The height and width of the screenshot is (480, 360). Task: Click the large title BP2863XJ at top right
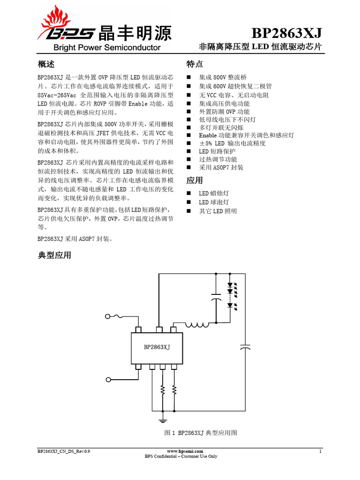pos(287,33)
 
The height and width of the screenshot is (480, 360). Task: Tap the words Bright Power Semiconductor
pos(107,47)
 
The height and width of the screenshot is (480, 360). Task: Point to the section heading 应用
pos(195,180)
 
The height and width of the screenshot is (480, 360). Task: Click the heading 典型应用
pos(54,255)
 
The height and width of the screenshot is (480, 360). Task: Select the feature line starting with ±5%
pos(232,143)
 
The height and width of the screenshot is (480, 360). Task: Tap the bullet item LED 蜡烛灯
pos(214,193)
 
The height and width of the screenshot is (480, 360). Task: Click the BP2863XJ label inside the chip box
pos(157,347)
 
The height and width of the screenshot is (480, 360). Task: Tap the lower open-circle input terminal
pos(109,379)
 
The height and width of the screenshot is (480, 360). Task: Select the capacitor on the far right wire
pos(245,347)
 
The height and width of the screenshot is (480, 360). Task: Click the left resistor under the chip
pos(163,389)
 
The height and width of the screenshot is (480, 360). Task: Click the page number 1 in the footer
pos(320,451)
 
